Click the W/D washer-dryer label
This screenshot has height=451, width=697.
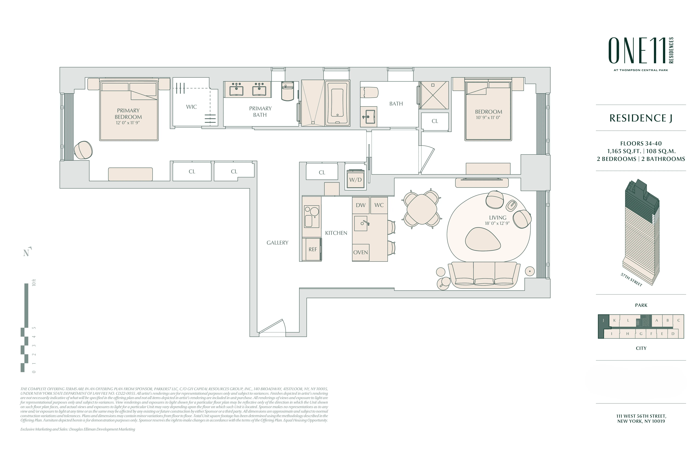click(355, 180)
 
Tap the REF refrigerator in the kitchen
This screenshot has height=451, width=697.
click(312, 249)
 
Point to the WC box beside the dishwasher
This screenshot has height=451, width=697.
click(379, 205)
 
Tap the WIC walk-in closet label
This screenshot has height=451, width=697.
click(191, 107)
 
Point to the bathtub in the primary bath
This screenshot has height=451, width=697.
click(337, 103)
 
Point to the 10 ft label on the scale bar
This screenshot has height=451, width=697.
click(34, 283)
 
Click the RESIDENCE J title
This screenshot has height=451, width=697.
click(641, 118)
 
